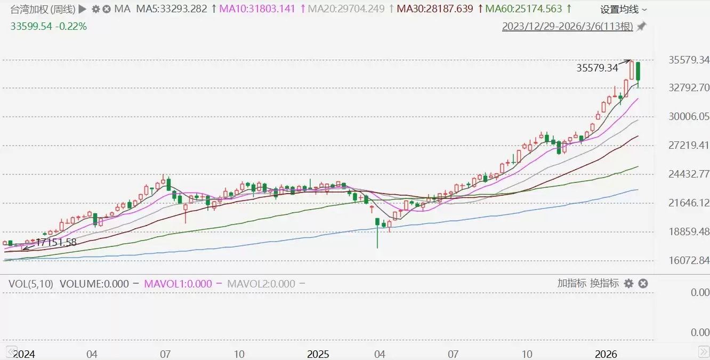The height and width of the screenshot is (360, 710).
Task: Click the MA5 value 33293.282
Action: click(x=172, y=9)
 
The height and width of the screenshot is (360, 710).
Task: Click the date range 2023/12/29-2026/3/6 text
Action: click(x=567, y=26)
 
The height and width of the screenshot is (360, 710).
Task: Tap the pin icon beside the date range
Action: click(x=641, y=26)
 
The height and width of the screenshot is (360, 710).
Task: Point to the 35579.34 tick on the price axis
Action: click(x=688, y=60)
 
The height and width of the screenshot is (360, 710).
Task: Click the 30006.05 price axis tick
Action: click(x=688, y=116)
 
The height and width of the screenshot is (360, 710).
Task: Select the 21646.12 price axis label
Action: click(x=688, y=203)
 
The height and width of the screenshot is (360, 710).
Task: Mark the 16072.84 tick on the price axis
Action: click(x=688, y=260)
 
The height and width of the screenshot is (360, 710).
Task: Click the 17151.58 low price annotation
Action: click(x=56, y=242)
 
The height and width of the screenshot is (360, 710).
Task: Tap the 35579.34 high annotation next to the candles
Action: click(x=597, y=68)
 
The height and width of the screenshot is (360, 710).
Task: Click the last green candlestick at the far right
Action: click(x=638, y=72)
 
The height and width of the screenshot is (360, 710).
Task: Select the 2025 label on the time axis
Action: click(x=318, y=354)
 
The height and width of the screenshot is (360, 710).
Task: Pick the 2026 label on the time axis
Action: click(x=606, y=354)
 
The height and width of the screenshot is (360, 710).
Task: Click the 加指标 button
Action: click(x=572, y=283)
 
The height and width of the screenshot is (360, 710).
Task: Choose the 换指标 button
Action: click(x=604, y=283)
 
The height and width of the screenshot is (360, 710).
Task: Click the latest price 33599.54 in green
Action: click(x=31, y=26)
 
